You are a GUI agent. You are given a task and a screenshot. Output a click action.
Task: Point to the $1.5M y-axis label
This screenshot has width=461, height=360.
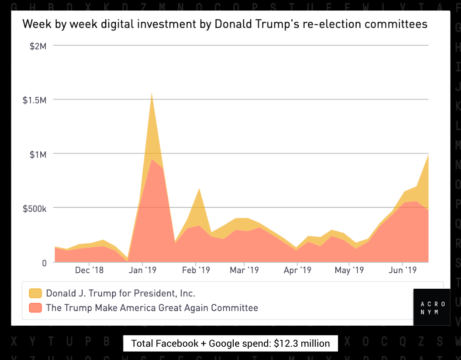(35, 100)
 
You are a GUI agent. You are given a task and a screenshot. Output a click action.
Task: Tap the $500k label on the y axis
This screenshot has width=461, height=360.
(35, 208)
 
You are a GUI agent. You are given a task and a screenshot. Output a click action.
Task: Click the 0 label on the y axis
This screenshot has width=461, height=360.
(44, 262)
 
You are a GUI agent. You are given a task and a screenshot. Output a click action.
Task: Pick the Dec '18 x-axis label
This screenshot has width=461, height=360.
(89, 270)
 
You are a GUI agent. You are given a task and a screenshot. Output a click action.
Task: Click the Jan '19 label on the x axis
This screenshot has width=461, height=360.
(143, 270)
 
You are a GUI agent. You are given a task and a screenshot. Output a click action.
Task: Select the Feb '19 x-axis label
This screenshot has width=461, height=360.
(196, 270)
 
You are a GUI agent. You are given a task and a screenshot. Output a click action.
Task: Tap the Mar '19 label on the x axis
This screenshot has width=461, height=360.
(244, 270)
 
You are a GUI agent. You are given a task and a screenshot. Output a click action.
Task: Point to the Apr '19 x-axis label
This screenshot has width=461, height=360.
(297, 270)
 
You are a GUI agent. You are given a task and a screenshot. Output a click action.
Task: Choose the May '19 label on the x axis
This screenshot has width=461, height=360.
(349, 270)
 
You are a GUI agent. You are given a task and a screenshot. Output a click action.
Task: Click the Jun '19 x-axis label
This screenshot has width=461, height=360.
(402, 270)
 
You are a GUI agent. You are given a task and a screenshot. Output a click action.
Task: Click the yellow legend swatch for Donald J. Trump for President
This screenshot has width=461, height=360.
(35, 293)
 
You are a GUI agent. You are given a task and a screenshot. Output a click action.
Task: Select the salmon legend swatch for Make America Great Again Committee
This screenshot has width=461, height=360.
(35, 307)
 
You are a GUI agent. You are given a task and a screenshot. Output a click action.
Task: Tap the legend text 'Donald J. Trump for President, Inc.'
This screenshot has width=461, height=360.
(121, 293)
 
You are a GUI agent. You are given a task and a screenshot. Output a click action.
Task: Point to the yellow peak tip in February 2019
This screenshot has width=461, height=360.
(199, 188)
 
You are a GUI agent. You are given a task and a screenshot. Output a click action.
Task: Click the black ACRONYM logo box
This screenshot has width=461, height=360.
(432, 307)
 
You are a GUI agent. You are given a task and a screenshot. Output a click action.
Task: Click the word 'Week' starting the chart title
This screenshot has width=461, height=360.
(35, 24)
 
